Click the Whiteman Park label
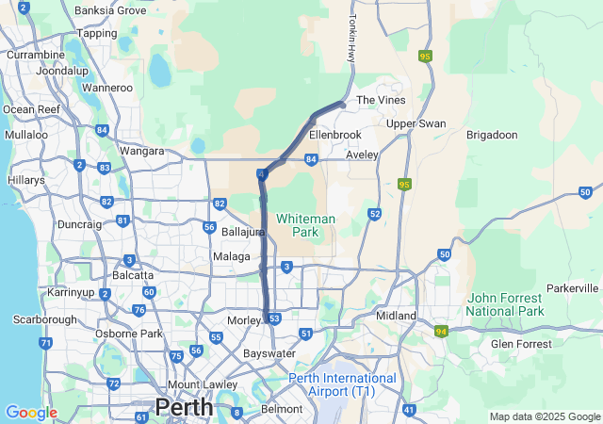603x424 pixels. tap(302, 225)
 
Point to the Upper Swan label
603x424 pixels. tap(416, 123)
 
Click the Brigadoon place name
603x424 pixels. tap(492, 135)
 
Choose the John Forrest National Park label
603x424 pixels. tap(506, 304)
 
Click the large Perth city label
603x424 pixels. tap(184, 407)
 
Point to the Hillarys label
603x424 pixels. tap(25, 180)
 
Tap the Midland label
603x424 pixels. tap(396, 315)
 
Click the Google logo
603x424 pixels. tap(30, 413)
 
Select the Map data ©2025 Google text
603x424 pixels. tap(544, 416)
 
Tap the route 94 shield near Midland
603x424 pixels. tap(441, 332)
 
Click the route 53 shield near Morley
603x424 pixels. tap(274, 319)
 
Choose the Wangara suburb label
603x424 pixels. tap(141, 150)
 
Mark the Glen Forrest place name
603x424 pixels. tap(521, 344)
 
